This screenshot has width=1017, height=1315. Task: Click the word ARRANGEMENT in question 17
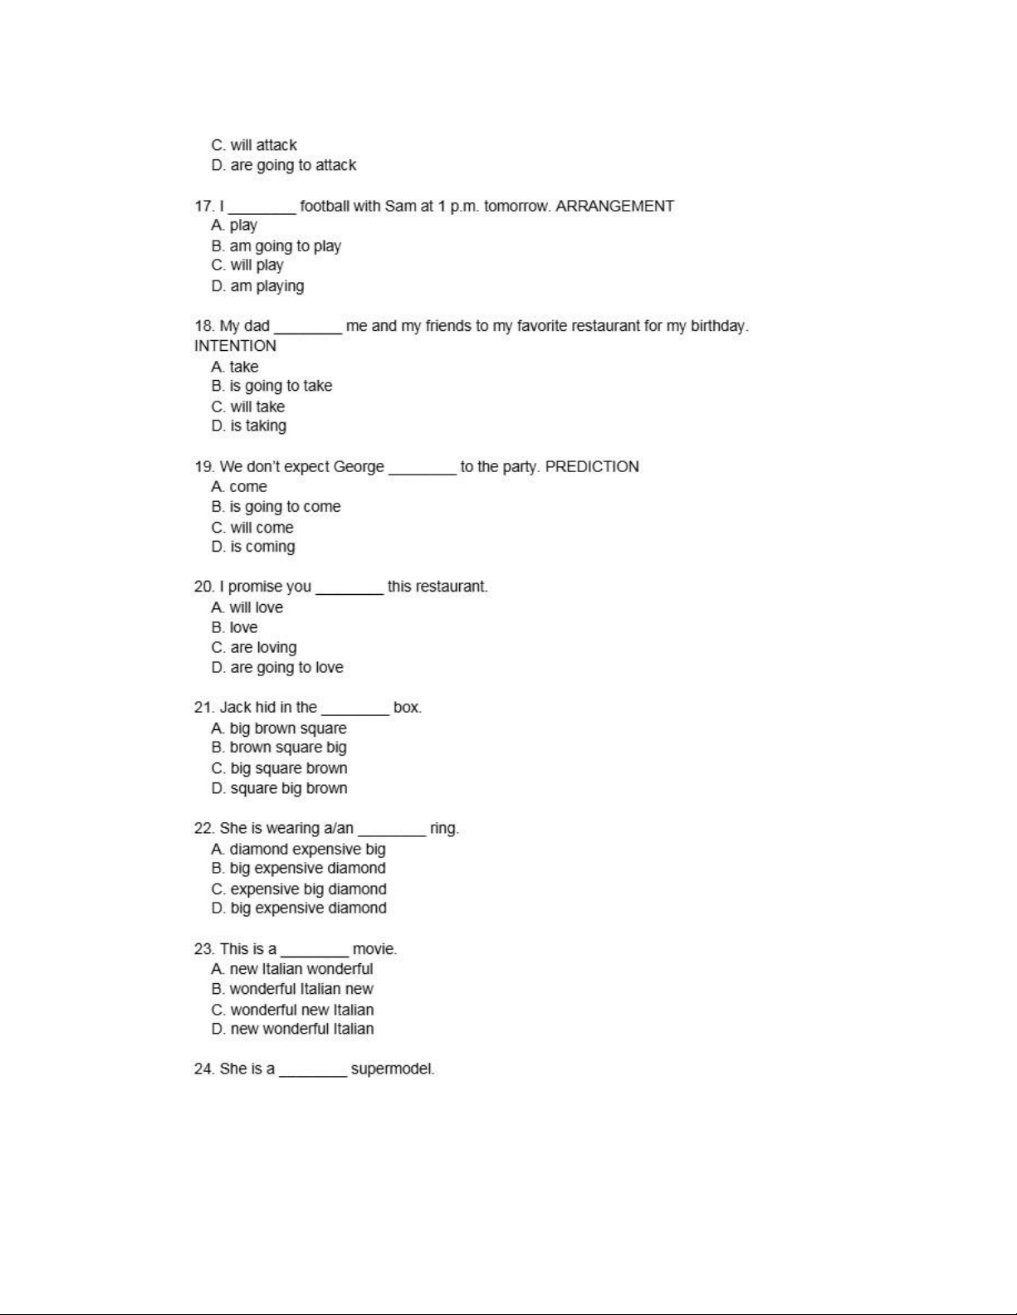pos(614,206)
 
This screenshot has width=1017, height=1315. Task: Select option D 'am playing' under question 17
pos(257,286)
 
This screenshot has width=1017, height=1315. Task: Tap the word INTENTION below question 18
pos(235,346)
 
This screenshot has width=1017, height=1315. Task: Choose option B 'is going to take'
pos(271,386)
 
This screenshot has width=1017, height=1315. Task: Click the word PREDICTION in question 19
pos(592,466)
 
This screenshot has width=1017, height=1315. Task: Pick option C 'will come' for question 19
pos(252,528)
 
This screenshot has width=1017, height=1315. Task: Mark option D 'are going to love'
pos(276,668)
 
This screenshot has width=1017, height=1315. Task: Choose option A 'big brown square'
pos(279,728)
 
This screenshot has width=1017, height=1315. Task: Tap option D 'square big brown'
pos(279,788)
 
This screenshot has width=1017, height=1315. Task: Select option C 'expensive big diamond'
pos(299,889)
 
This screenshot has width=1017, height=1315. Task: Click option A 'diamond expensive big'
pos(298,849)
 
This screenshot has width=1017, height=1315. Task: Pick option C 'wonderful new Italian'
pos(292,1010)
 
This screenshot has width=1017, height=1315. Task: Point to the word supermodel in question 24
pos(392,1069)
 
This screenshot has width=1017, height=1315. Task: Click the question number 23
pos(204,949)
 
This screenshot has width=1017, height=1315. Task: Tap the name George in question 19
pos(359,466)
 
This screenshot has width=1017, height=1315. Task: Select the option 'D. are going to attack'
pos(283,165)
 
